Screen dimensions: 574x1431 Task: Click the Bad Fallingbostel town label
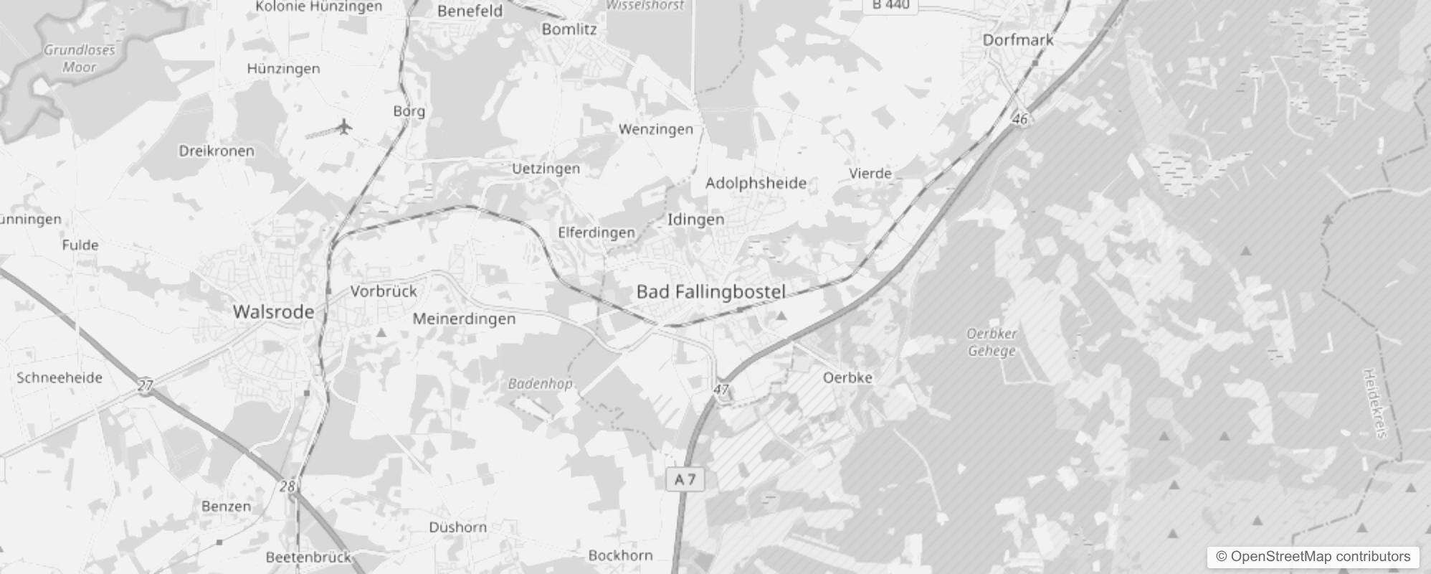point(710,292)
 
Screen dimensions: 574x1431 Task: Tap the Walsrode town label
point(273,312)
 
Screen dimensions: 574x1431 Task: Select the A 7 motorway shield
point(685,479)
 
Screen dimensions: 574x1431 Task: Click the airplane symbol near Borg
point(345,127)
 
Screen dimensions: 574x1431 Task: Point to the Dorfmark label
point(1017,40)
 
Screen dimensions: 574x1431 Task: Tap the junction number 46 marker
point(1020,119)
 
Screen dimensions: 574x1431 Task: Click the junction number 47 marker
point(721,390)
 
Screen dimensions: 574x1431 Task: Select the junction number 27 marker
point(146,386)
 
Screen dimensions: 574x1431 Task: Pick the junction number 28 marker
point(287,486)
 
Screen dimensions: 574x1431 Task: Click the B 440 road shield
point(891,5)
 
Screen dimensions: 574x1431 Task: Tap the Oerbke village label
point(847,377)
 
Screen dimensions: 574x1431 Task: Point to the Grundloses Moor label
point(79,59)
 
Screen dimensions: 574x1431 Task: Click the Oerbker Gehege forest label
point(992,342)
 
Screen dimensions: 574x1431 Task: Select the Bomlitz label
point(569,29)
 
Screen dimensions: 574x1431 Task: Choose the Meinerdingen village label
point(464,319)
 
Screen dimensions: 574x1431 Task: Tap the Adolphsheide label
point(756,183)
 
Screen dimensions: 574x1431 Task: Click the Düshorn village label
point(457,527)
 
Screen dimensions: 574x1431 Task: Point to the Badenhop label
point(540,384)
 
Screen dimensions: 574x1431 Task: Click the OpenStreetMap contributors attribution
point(1313,557)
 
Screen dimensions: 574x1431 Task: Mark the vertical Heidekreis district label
point(1375,403)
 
